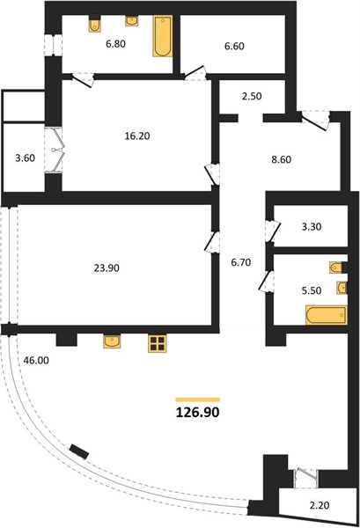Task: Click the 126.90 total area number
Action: point(198,412)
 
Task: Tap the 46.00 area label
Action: point(36,360)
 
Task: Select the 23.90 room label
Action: point(107,268)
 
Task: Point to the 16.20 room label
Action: point(137,136)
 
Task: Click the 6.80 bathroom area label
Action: point(116,43)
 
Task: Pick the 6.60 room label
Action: point(234,46)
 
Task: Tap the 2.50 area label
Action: point(252,96)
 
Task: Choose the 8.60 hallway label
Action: point(282,159)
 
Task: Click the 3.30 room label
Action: point(312,227)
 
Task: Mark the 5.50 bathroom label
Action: point(312,290)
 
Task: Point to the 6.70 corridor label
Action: point(241,262)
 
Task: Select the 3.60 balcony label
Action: point(26,158)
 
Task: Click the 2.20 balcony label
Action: point(320,505)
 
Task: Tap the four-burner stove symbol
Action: point(157,343)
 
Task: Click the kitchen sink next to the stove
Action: point(113,341)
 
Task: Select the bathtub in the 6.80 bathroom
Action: point(163,36)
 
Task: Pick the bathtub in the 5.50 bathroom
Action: point(327,315)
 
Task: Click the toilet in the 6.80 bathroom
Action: point(95,24)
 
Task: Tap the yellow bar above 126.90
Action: point(198,400)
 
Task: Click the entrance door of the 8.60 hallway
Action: point(314,121)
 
